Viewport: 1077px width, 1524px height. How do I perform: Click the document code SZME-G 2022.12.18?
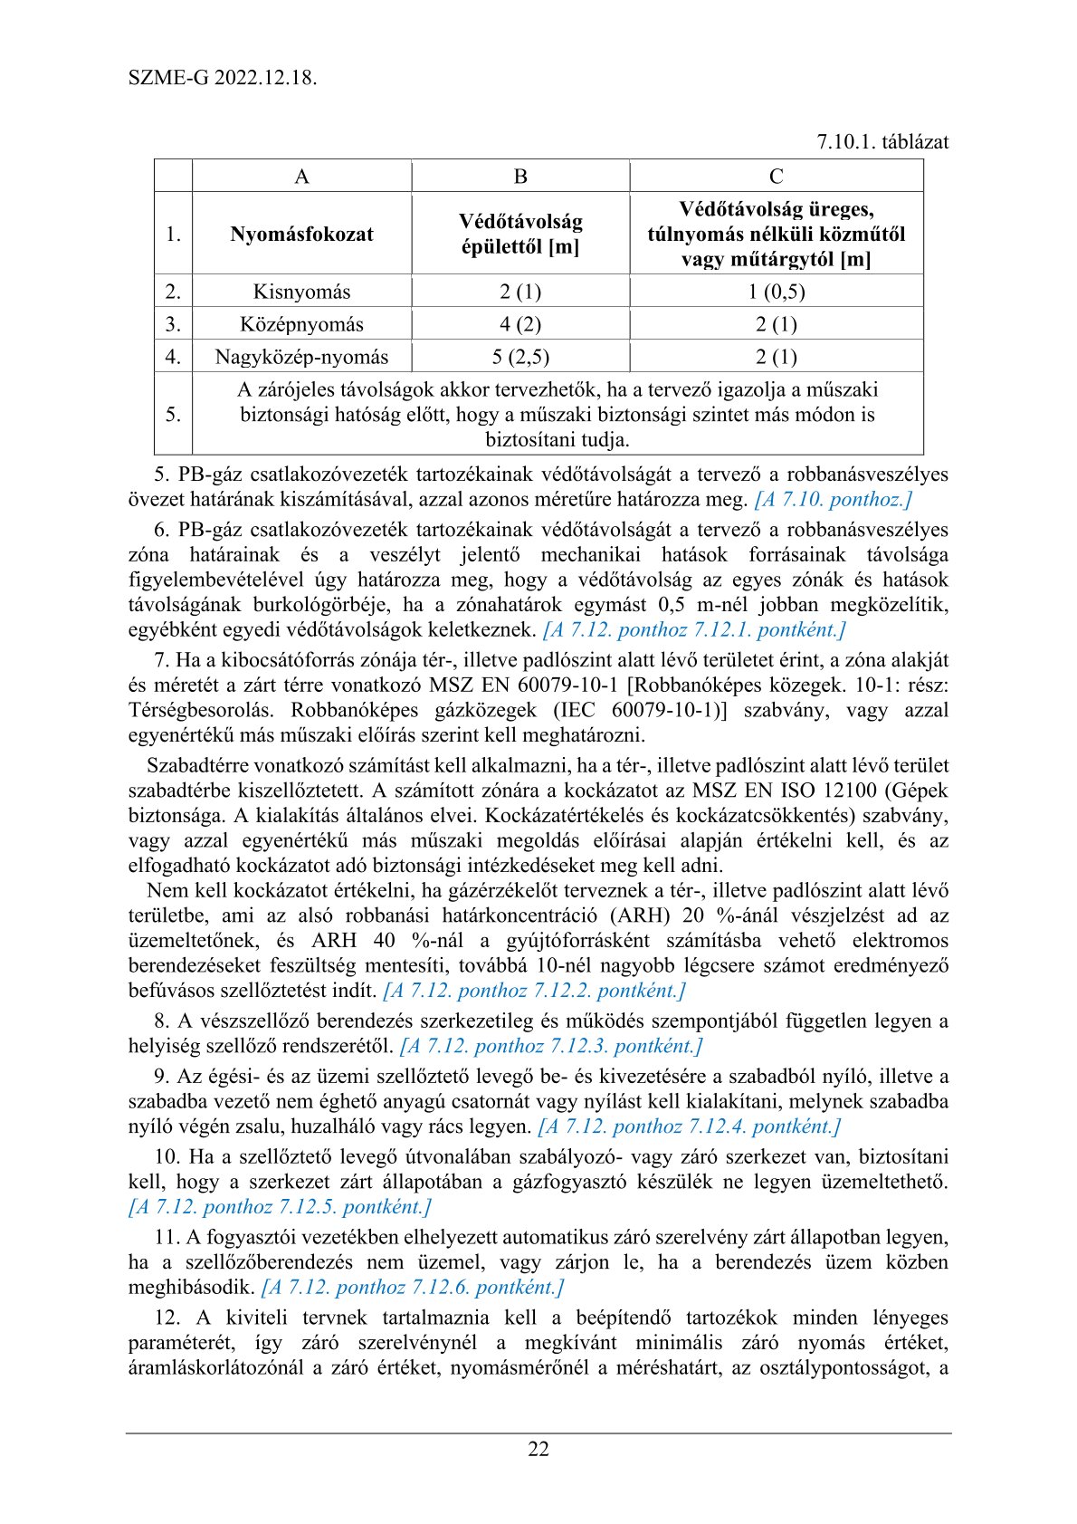(223, 77)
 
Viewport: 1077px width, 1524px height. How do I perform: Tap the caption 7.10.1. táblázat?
(882, 142)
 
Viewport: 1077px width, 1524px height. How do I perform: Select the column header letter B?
(520, 177)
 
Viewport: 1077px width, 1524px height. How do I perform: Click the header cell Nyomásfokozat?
(301, 234)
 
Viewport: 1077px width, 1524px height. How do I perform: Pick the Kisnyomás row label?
(301, 292)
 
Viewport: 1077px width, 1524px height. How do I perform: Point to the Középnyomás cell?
(301, 324)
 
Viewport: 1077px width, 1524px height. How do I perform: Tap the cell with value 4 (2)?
(520, 324)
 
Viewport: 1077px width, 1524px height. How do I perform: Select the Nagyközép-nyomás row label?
(301, 357)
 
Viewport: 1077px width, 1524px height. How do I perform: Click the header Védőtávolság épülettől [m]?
(520, 234)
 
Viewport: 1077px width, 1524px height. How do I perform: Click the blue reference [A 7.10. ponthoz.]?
(833, 499)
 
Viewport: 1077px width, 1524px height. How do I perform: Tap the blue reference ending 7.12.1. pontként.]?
(694, 629)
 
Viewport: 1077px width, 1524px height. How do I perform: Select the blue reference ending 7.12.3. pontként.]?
(551, 1046)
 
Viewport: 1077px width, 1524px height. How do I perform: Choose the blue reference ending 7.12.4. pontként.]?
(690, 1126)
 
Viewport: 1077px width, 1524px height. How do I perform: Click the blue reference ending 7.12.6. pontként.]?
(413, 1287)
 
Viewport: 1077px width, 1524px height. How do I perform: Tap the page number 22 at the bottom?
(538, 1449)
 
